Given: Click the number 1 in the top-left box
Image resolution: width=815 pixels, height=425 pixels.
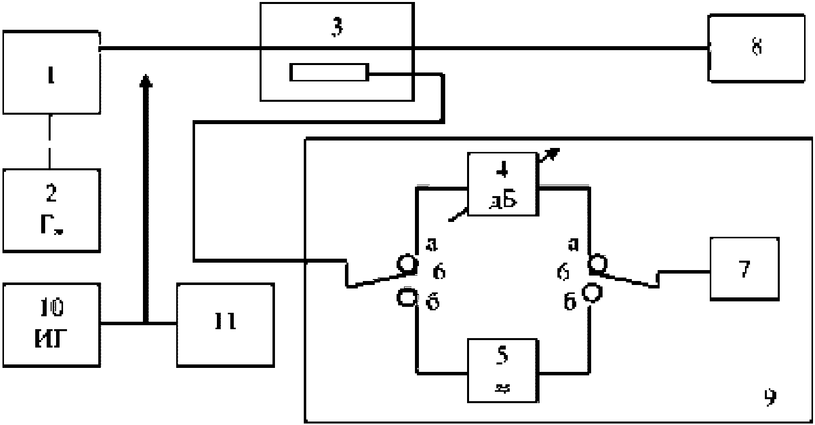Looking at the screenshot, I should point(51,77).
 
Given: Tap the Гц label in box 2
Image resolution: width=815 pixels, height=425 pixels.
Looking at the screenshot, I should point(51,226).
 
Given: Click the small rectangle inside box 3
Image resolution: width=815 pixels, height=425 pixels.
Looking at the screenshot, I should point(329,72).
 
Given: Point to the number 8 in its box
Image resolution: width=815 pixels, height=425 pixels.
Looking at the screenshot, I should point(756,48).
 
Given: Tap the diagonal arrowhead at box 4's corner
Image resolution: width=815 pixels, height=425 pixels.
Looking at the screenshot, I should point(554,152).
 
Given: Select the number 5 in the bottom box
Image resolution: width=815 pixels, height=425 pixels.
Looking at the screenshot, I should point(502,355).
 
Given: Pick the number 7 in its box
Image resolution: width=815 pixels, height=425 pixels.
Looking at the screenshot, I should point(744,268).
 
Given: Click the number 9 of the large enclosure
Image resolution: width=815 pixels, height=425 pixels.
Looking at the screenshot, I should point(770,396).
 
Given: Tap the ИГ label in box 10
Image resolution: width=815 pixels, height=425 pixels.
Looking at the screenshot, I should point(51,341).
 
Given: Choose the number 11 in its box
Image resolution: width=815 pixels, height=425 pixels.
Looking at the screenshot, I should point(225,321).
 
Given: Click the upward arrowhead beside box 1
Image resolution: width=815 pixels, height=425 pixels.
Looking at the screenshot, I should point(145,80).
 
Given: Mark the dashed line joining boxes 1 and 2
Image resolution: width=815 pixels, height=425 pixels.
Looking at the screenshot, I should point(50,142).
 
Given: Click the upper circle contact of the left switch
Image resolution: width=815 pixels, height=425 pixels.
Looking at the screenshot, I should point(407,264).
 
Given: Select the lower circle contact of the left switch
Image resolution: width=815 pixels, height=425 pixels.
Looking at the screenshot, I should point(407,298).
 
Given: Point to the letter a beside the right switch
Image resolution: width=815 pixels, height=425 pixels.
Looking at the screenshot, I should point(574,244).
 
